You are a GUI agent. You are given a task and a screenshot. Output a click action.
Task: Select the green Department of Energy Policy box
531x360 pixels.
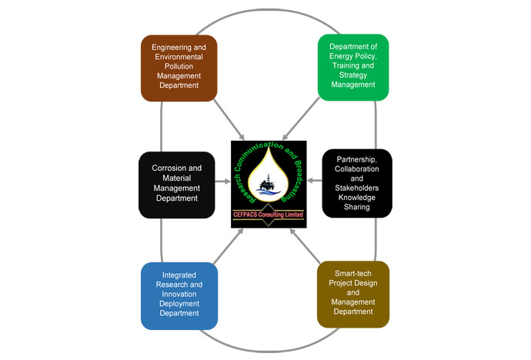(353, 67)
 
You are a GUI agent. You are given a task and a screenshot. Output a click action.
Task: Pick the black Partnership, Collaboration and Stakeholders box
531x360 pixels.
(356, 185)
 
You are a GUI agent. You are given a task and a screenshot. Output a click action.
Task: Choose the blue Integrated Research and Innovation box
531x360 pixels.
(178, 295)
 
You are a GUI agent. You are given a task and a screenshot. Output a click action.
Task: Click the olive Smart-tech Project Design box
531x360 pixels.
(354, 295)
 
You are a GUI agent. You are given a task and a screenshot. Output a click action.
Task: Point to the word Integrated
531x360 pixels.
(178, 275)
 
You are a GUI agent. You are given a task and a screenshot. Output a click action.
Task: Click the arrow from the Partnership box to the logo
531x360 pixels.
(315, 182)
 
